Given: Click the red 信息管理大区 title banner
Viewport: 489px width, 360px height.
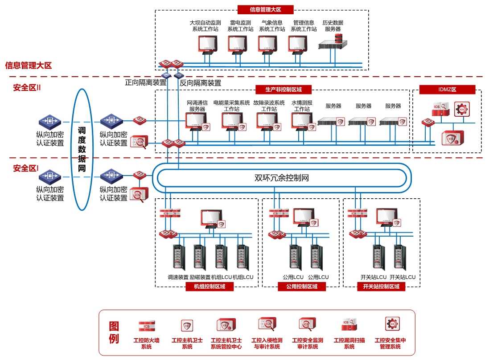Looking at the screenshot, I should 265,9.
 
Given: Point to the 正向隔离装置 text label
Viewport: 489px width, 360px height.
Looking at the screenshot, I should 145,82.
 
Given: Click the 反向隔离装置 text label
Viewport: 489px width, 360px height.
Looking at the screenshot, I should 200,83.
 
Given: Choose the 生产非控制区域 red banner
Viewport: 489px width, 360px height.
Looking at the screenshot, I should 283,90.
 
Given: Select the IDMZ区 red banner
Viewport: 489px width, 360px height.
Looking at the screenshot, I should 447,90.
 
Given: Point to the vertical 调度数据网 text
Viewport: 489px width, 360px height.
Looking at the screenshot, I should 82,150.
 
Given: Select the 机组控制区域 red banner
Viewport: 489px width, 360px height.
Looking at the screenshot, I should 209,287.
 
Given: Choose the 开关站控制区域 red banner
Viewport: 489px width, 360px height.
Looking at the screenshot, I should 381,287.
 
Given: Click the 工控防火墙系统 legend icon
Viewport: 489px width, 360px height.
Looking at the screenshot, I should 146,326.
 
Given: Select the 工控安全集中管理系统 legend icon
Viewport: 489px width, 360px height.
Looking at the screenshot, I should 392,324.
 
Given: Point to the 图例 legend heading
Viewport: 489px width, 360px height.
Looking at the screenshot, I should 114,332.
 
